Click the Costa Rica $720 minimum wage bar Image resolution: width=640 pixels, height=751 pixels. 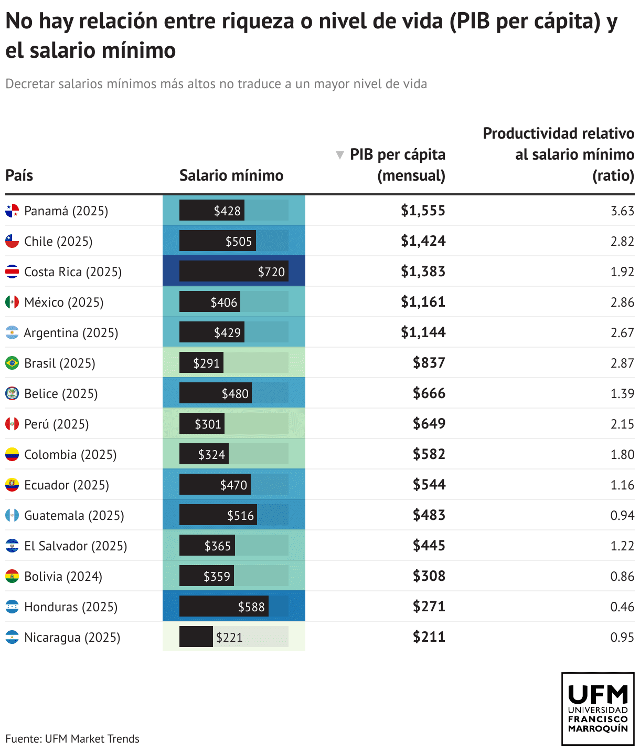click(234, 272)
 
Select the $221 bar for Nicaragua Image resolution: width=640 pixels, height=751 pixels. click(196, 637)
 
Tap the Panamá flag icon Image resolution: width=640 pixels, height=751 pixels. click(12, 211)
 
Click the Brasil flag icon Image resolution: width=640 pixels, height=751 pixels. click(12, 363)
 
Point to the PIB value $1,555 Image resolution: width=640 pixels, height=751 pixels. click(423, 211)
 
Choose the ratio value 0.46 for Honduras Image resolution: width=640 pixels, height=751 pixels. click(622, 607)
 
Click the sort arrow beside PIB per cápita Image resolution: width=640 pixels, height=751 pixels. click(340, 155)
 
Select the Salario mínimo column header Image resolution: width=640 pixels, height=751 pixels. click(231, 175)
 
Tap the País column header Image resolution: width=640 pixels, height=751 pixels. click(19, 175)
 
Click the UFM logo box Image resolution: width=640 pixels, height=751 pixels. click(598, 709)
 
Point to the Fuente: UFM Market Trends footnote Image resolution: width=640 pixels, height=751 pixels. click(72, 739)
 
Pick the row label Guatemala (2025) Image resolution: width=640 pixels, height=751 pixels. click(74, 516)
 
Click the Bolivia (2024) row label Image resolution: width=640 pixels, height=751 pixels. click(63, 577)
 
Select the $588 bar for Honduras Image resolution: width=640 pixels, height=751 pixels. click(224, 607)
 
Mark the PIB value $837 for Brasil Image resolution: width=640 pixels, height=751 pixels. click(429, 363)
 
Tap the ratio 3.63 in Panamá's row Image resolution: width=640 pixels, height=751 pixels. click(622, 211)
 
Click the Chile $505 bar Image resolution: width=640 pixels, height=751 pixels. click(218, 241)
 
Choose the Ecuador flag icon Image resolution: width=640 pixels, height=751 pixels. click(12, 485)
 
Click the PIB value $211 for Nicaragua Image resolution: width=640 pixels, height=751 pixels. click(429, 637)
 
